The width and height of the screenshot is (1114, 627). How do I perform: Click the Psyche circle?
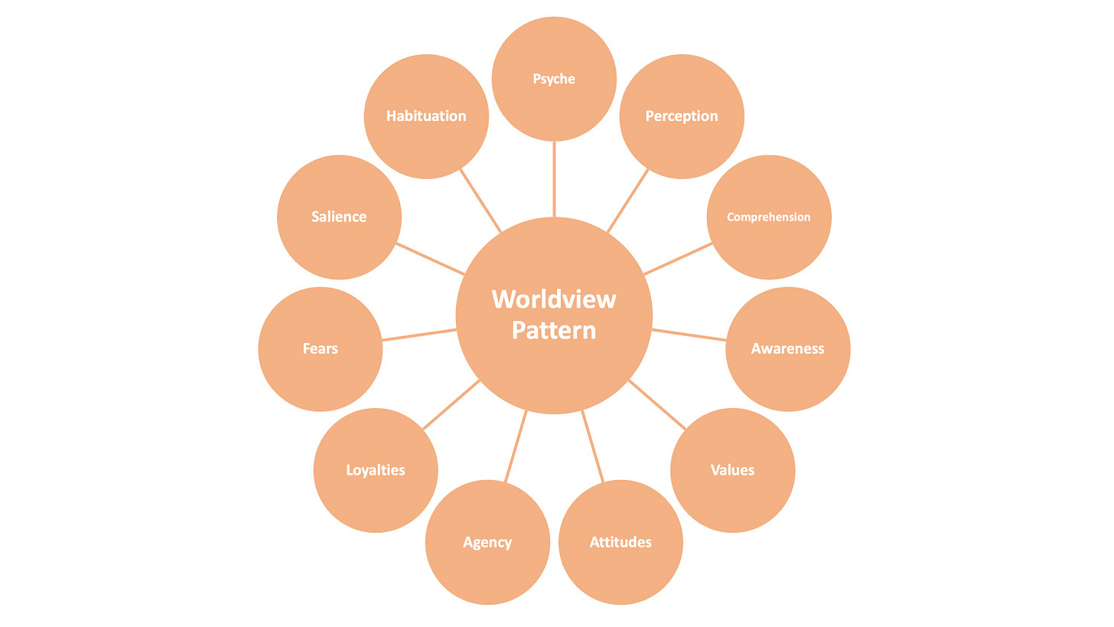[554, 79]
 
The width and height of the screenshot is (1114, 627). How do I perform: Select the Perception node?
[681, 116]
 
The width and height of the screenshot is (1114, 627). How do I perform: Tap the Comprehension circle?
[768, 217]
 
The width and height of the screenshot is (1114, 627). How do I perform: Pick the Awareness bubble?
[787, 349]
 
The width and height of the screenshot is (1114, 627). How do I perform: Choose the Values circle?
[732, 470]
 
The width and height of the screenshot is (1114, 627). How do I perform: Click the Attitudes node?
[621, 542]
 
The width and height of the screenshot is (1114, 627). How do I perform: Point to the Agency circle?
[487, 542]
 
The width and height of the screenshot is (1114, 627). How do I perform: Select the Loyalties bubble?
[375, 470]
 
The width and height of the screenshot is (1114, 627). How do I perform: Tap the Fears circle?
[320, 349]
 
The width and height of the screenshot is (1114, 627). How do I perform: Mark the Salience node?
[339, 217]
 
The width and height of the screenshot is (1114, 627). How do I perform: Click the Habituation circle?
[426, 116]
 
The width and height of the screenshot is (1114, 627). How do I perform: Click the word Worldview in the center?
[554, 299]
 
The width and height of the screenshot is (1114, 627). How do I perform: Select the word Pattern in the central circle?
[554, 331]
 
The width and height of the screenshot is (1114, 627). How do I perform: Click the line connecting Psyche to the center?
[554, 179]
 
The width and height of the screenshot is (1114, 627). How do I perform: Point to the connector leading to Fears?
[419, 335]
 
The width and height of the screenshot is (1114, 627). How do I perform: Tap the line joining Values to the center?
[657, 404]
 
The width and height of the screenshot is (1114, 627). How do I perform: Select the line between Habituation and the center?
[480, 200]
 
